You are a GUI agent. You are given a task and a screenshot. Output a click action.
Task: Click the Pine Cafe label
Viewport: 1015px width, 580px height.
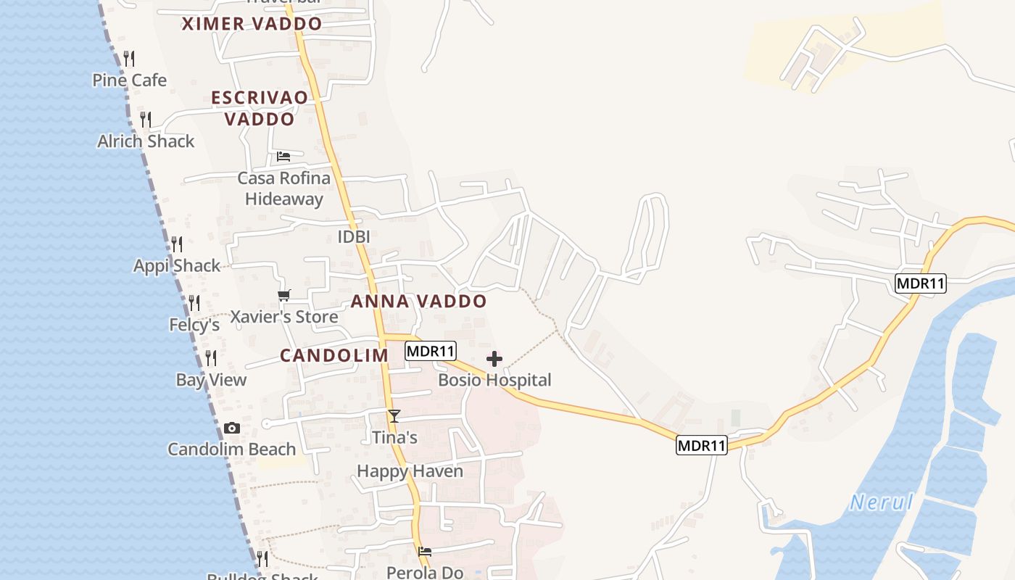pyautogui.click(x=129, y=80)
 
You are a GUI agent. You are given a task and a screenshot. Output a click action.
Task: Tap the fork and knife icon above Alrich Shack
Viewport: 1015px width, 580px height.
pyautogui.click(x=146, y=119)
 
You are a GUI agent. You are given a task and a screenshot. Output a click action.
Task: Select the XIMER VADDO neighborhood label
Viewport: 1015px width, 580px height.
pyautogui.click(x=252, y=24)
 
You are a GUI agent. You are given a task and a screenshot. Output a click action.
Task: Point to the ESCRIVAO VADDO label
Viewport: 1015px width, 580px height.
pyautogui.click(x=260, y=108)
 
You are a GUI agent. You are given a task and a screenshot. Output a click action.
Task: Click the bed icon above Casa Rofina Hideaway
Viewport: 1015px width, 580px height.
pyautogui.click(x=283, y=157)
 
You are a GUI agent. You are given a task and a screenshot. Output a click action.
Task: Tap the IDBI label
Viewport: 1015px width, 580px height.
pyautogui.click(x=354, y=236)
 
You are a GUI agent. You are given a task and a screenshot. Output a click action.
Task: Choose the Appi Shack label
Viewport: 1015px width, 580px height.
pyautogui.click(x=177, y=265)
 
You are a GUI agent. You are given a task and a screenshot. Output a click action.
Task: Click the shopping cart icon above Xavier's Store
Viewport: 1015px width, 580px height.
pyautogui.click(x=283, y=295)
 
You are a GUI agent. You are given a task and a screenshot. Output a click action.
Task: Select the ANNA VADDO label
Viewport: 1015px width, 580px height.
pyautogui.click(x=418, y=302)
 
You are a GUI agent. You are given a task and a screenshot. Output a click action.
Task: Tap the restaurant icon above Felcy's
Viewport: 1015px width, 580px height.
pyautogui.click(x=194, y=302)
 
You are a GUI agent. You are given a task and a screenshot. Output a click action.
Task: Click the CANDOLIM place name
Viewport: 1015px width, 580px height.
pyautogui.click(x=334, y=355)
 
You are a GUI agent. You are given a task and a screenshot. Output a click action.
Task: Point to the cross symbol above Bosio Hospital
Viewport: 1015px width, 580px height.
pyautogui.click(x=494, y=359)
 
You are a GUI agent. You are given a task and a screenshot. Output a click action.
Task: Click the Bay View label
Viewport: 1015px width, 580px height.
pyautogui.click(x=211, y=380)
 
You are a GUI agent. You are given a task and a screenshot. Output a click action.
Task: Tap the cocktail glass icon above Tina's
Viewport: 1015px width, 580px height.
pyautogui.click(x=394, y=416)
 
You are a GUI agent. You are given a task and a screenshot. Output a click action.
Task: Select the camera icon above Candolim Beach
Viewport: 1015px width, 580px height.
pyautogui.click(x=232, y=428)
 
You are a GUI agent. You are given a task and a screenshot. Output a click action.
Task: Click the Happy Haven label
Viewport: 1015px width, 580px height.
pyautogui.click(x=410, y=471)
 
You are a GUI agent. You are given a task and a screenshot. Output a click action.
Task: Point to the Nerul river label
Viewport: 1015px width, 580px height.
pyautogui.click(x=881, y=502)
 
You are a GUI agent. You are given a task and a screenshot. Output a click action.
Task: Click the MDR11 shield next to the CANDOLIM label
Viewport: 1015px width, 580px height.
pyautogui.click(x=430, y=351)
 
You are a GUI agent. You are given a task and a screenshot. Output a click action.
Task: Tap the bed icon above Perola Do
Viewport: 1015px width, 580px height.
pyautogui.click(x=425, y=552)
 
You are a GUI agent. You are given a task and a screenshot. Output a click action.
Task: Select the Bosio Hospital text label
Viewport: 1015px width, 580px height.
pyautogui.click(x=494, y=380)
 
